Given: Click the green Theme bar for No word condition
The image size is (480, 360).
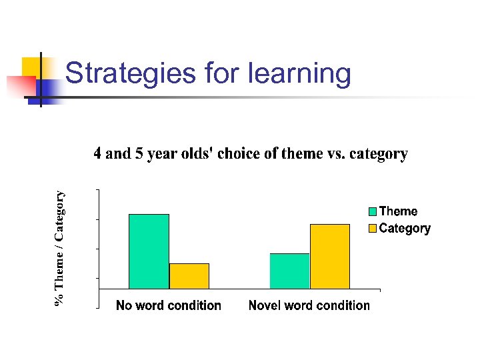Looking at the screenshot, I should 149,251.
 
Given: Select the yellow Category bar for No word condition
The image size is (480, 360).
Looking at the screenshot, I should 189,276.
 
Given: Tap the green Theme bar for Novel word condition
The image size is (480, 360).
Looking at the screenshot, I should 289,271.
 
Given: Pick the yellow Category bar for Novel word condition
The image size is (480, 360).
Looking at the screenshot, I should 330,257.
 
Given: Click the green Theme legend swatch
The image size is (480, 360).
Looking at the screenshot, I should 373,212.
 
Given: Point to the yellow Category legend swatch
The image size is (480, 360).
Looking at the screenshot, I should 373,229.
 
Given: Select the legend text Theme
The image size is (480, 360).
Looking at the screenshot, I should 398,211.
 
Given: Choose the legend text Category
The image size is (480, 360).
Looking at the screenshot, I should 405,229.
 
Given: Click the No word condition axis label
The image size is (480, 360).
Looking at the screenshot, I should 168,305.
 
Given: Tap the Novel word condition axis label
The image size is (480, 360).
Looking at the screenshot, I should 309,305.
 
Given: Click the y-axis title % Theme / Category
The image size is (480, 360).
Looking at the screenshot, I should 60,248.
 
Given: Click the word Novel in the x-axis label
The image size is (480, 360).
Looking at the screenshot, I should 265,305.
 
